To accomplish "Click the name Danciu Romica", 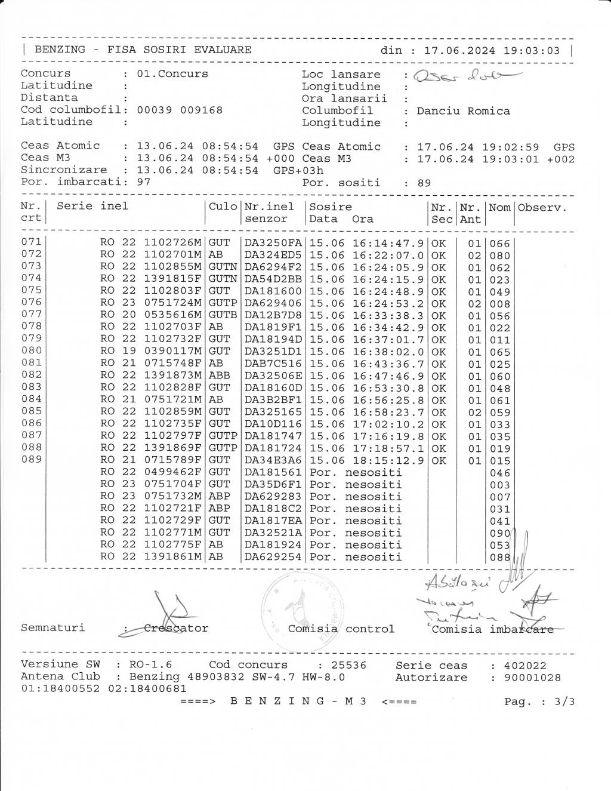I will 463,111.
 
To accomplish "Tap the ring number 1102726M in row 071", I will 173,243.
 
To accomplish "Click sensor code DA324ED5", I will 273,256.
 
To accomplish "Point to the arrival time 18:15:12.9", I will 388,460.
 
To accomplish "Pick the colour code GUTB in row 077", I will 223,315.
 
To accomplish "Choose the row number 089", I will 32,459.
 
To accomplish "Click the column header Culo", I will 223,207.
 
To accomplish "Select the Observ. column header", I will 542,208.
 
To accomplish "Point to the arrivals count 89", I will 424,183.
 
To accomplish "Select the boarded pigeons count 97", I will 144,182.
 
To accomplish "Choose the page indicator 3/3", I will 564,701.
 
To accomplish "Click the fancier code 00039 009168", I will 180,110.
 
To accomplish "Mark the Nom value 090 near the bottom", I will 499,533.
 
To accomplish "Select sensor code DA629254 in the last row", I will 273,557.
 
